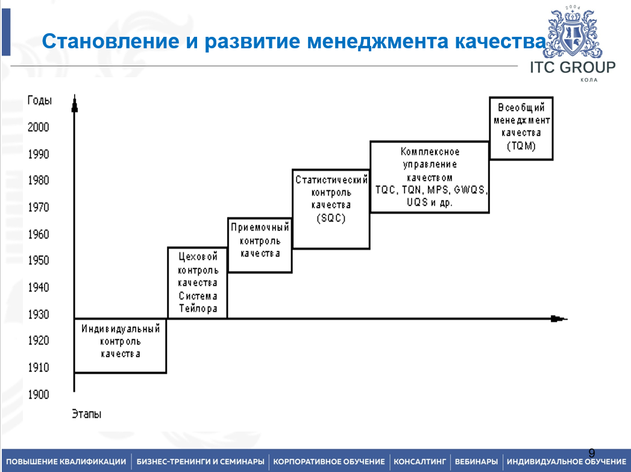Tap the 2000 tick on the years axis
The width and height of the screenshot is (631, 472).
point(39,127)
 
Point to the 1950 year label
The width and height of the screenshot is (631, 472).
point(39,261)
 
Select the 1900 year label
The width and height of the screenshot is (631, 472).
point(39,394)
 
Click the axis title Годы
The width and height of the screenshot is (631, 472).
point(40,101)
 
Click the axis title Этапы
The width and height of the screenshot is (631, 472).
point(86,414)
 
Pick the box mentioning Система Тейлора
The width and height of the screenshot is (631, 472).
point(197,282)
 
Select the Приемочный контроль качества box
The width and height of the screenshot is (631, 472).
point(260,244)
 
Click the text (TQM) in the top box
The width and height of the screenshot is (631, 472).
point(521,146)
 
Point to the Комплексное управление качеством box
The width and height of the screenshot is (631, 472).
point(429,177)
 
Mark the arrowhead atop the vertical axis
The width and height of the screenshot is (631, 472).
point(74,106)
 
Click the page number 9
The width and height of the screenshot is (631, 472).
point(591,453)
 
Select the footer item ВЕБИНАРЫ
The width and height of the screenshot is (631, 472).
point(476,462)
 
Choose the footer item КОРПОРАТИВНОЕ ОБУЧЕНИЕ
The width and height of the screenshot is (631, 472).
point(329,462)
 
